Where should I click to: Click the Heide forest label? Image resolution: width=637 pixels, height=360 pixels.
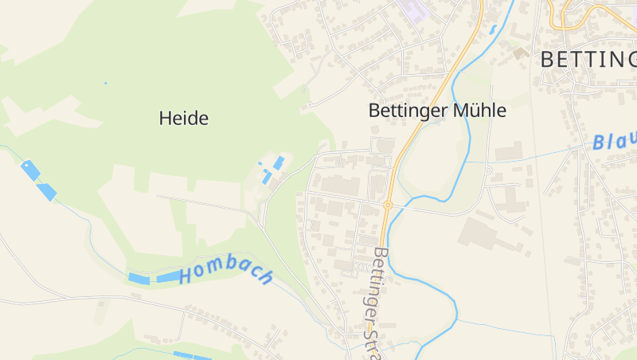(x=183, y=119)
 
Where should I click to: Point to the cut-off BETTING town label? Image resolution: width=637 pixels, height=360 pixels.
(x=588, y=59)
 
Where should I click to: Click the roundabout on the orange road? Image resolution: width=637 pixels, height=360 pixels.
(x=388, y=205)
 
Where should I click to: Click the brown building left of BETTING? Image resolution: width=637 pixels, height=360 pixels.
(x=521, y=53)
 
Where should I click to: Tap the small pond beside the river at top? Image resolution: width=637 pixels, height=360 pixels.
(x=494, y=29)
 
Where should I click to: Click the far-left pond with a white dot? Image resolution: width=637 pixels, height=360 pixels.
(x=30, y=170)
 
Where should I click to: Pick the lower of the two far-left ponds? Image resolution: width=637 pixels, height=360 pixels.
(x=46, y=191)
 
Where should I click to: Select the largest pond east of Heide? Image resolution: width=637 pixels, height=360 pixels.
(x=279, y=162)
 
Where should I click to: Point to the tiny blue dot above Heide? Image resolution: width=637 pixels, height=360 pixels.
(x=104, y=83)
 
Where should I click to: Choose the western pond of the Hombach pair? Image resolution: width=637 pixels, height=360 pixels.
(x=139, y=279)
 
